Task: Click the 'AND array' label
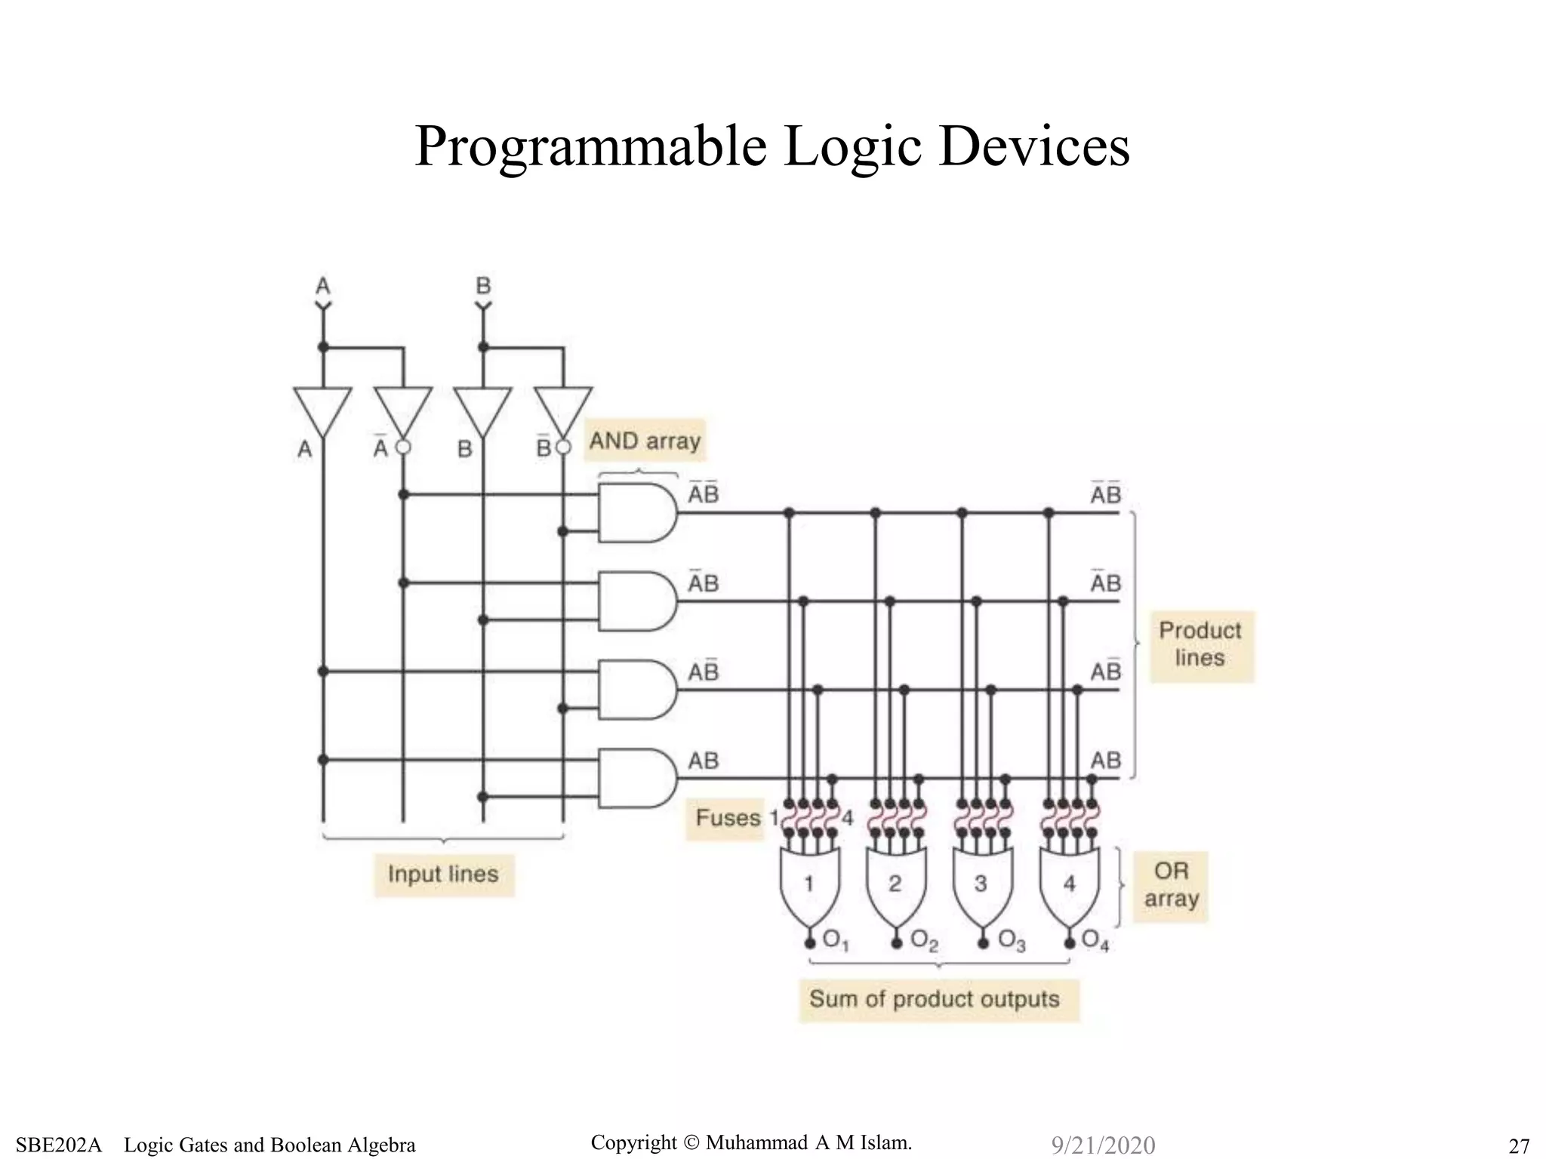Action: point(645,441)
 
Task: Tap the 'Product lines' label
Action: point(1200,644)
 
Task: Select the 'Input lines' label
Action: point(443,874)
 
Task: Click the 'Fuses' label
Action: point(727,817)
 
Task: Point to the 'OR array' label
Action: point(1171,884)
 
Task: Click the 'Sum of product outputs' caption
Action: point(935,999)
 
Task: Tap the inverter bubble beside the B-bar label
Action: point(563,447)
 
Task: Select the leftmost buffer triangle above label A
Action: point(322,410)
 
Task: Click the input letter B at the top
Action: point(483,286)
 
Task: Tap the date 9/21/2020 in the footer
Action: point(1103,1145)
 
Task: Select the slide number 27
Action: point(1518,1145)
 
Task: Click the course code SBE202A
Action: point(59,1145)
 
